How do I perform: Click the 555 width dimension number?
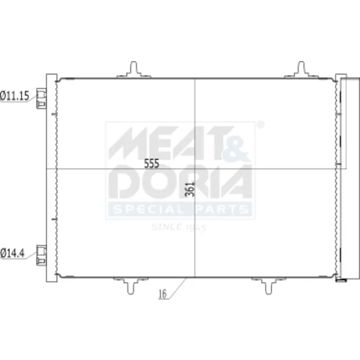point(152,163)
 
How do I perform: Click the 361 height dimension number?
point(190,189)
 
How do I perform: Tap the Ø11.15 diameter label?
point(14,96)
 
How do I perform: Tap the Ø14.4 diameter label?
point(12,253)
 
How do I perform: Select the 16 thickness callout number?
point(163,294)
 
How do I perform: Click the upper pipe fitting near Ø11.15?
point(41,99)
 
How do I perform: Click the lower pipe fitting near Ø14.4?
point(41,256)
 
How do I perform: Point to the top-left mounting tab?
point(134,70)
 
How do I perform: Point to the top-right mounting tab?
point(301,70)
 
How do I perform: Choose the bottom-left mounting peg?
point(130,286)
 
